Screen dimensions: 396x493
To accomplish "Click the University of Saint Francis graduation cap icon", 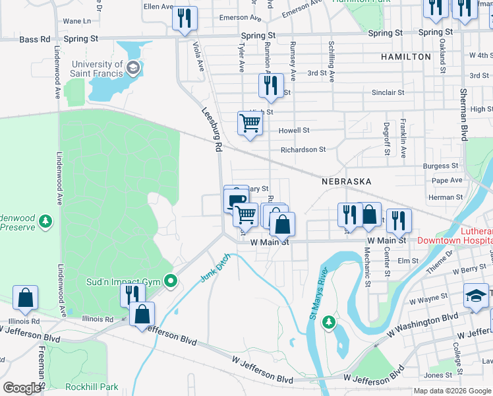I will pyautogui.click(x=133, y=67).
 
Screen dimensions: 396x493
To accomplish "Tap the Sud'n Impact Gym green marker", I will pyautogui.click(x=171, y=282).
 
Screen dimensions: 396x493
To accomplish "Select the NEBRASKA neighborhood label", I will pyautogui.click(x=346, y=181).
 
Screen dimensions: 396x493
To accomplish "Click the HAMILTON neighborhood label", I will pyautogui.click(x=406, y=57).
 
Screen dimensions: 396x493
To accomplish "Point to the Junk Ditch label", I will pyautogui.click(x=216, y=269).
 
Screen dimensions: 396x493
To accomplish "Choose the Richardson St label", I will pyautogui.click(x=303, y=150).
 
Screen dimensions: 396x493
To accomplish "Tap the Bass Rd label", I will pyautogui.click(x=35, y=40).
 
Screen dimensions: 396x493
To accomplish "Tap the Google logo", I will pyautogui.click(x=22, y=387).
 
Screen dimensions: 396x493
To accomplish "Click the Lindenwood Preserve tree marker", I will pyautogui.click(x=45, y=221).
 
